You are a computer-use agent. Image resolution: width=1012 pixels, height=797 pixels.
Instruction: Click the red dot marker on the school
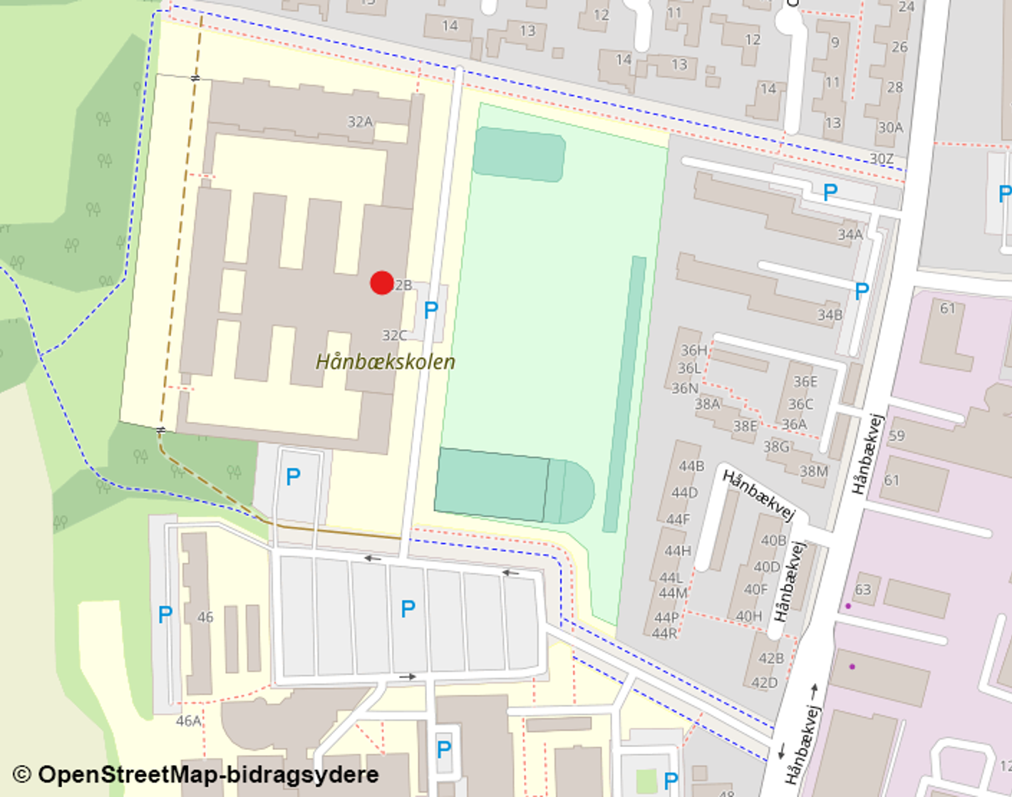click(x=382, y=283)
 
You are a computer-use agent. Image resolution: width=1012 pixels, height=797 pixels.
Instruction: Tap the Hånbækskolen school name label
click(x=385, y=362)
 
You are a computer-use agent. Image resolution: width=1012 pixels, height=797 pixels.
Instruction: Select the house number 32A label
click(x=360, y=122)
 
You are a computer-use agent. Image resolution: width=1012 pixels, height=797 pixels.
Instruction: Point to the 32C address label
click(x=394, y=335)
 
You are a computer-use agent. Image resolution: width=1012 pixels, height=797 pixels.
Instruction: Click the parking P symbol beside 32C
click(x=430, y=310)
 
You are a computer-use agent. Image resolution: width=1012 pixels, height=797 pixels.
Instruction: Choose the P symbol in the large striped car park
click(x=408, y=609)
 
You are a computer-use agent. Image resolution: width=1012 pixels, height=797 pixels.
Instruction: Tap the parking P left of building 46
click(x=165, y=614)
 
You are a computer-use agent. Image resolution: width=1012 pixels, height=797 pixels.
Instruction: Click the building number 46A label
click(x=188, y=721)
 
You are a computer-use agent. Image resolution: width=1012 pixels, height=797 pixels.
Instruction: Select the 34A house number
click(x=850, y=235)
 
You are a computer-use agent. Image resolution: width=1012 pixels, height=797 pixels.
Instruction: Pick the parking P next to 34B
click(x=862, y=290)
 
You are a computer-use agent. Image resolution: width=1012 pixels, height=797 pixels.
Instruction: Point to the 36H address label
click(x=694, y=350)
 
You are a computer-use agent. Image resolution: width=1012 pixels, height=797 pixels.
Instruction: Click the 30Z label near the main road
click(x=882, y=158)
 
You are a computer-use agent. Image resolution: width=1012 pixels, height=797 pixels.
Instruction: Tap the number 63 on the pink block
click(x=863, y=590)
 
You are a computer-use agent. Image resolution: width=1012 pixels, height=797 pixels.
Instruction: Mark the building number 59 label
click(x=897, y=436)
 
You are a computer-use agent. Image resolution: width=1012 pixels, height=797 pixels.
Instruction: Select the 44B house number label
click(x=691, y=466)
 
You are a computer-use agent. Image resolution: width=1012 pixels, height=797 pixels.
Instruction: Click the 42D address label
click(x=765, y=683)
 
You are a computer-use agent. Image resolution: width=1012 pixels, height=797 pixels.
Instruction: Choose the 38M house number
click(x=813, y=471)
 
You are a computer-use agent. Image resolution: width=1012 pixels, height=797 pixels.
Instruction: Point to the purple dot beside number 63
click(x=848, y=606)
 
